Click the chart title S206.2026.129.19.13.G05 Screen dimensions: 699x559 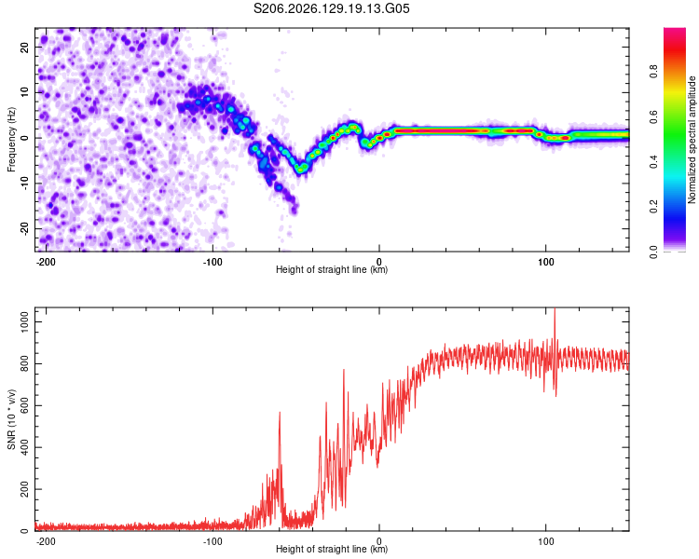pyautogui.click(x=331, y=8)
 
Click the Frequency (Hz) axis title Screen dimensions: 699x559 pyautogui.click(x=11, y=140)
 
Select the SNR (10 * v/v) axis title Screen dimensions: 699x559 pyautogui.click(x=11, y=419)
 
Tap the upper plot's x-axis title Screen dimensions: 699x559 pyautogui.click(x=332, y=269)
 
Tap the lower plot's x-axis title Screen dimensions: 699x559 pyautogui.click(x=332, y=549)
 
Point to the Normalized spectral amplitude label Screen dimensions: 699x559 pyautogui.click(x=692, y=140)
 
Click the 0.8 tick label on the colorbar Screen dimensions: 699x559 pyautogui.click(x=653, y=72)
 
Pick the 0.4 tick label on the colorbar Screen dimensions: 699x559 pyautogui.click(x=653, y=162)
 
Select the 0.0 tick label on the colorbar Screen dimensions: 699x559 pyautogui.click(x=653, y=252)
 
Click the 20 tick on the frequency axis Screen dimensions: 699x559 pyautogui.click(x=25, y=48)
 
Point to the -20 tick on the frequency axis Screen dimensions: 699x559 pyautogui.click(x=25, y=229)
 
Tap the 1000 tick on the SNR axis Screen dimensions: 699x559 pyautogui.click(x=25, y=321)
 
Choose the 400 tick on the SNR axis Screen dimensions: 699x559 pyautogui.click(x=25, y=447)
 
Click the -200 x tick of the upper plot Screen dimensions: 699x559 pyautogui.click(x=46, y=262)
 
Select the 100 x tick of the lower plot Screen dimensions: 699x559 pyautogui.click(x=545, y=541)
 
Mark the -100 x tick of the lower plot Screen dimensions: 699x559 pyautogui.click(x=212, y=541)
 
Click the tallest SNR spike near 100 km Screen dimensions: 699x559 pyautogui.click(x=555, y=309)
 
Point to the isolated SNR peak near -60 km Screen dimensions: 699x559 pyautogui.click(x=280, y=413)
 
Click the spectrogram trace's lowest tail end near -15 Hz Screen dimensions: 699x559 pyautogui.click(x=295, y=209)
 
